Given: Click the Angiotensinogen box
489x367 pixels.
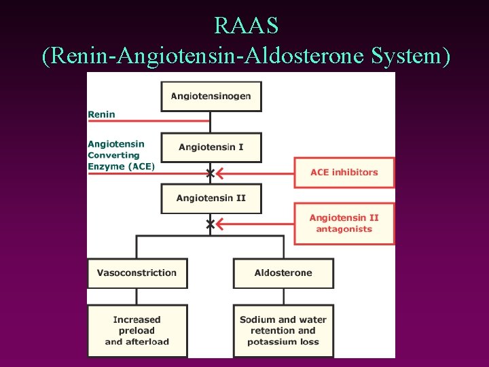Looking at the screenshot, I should (211, 96).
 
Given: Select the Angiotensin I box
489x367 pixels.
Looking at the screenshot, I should (211, 147).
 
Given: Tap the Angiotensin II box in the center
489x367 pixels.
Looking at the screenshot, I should (211, 198).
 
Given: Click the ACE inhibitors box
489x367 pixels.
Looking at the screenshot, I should (344, 173).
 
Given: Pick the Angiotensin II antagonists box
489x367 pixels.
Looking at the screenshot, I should (344, 224).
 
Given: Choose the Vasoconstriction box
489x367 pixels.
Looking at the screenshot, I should (137, 273).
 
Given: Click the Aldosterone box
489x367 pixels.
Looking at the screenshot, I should (283, 273).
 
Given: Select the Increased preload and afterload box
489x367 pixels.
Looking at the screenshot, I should (137, 331).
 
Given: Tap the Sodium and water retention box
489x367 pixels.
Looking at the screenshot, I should (283, 331).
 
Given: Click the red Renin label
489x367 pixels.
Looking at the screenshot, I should (102, 115).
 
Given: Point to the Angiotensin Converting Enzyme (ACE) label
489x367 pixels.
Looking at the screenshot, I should (121, 155).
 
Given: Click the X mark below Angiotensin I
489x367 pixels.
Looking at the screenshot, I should (211, 173).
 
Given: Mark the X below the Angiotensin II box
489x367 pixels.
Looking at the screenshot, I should (211, 224).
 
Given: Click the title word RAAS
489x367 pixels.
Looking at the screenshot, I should (245, 26).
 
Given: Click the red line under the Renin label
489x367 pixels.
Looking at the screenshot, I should (149, 122).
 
